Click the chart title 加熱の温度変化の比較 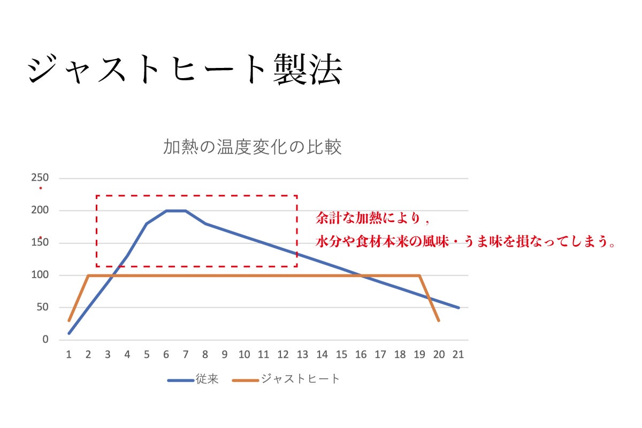(x=252, y=147)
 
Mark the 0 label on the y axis (x=46, y=340)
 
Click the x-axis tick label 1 (x=68, y=354)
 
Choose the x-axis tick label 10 (x=244, y=354)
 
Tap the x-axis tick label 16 (x=361, y=354)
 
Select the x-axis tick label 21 (x=458, y=354)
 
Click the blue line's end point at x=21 (x=458, y=308)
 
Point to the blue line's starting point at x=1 (x=69, y=333)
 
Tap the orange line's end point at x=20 (x=439, y=320)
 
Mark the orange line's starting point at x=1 (x=69, y=320)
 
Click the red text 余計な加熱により (x=373, y=219)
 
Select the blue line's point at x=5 (x=147, y=224)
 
